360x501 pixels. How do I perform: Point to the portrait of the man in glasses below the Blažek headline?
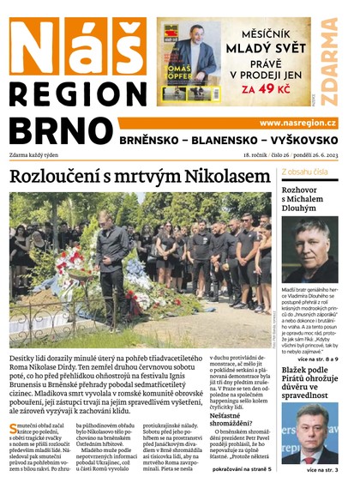309,433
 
